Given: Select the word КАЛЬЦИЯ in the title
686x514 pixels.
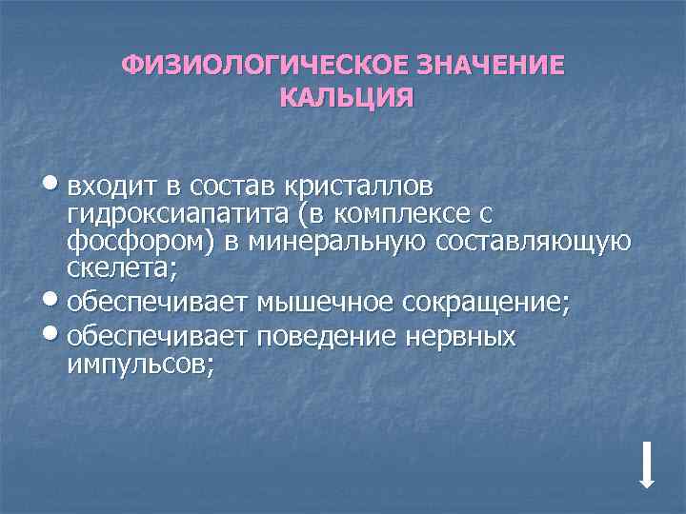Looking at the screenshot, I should (347, 98).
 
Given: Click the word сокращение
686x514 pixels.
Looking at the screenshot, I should (487, 304).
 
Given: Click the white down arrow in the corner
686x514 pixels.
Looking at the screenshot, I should (646, 465).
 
